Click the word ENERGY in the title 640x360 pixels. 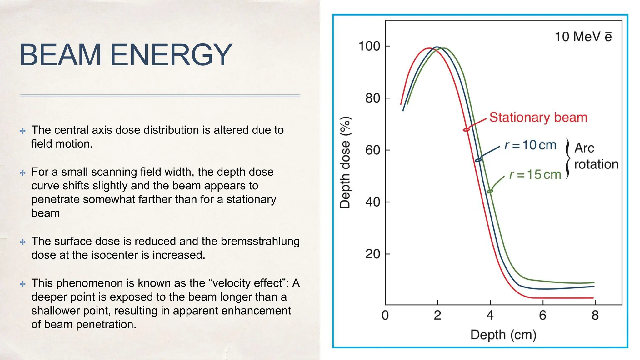(171, 55)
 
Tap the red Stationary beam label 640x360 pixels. (538, 117)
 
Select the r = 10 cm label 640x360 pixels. (531, 145)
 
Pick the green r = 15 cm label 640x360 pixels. (535, 174)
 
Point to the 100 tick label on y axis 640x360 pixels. (369, 46)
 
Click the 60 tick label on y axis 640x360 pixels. (373, 150)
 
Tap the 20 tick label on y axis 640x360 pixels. (373, 254)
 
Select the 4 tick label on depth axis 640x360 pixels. (490, 315)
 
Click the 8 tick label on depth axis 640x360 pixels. (595, 315)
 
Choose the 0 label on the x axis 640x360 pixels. (385, 315)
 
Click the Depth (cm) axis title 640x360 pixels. (503, 335)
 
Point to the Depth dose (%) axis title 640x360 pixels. (345, 162)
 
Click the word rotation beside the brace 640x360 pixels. (596, 164)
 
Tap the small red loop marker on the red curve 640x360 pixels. (466, 129)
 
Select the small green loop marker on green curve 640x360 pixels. (490, 191)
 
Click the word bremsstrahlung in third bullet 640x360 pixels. (260, 241)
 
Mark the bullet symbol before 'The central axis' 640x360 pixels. (22, 131)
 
